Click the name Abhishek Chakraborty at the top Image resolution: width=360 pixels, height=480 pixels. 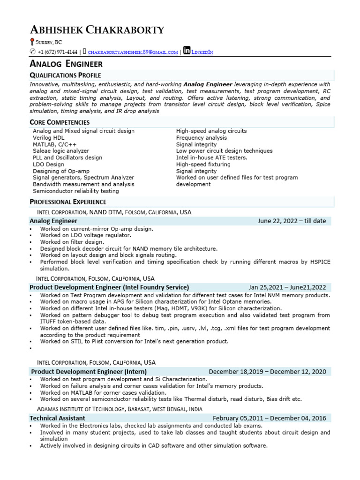click(97, 30)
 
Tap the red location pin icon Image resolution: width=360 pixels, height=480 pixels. click(32, 42)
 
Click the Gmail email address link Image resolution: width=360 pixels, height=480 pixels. click(133, 52)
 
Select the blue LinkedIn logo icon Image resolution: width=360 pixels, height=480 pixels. click(187, 51)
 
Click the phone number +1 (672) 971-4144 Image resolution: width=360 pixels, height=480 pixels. click(57, 52)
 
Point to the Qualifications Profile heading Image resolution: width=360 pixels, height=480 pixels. click(65, 75)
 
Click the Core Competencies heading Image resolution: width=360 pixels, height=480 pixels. click(60, 122)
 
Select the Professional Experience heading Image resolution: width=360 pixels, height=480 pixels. click(68, 202)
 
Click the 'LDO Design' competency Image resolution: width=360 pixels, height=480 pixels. click(48, 165)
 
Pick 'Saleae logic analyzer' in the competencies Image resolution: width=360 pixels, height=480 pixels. click(60, 151)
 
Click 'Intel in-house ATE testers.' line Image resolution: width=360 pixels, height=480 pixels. click(211, 158)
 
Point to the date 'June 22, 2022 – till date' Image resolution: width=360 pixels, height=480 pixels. click(292, 221)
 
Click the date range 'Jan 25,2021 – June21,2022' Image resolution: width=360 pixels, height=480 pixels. click(287, 287)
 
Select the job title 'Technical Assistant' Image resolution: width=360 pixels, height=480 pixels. click(57, 418)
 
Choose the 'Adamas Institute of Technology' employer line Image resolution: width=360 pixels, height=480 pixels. click(116, 409)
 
